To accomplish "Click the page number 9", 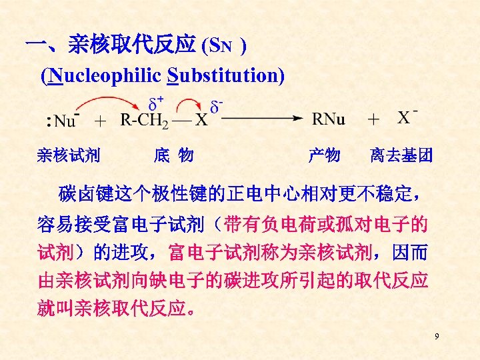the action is coord(437,337).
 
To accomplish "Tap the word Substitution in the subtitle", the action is coord(227,75).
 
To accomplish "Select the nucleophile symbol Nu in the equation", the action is coord(64,121).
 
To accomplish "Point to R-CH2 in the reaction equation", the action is coord(144,121).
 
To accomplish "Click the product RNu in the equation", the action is coord(329,119).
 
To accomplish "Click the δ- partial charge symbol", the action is coord(216,105).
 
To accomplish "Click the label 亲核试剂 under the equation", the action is coord(69,156).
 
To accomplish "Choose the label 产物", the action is coord(324,156).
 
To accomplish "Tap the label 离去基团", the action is coord(401,156).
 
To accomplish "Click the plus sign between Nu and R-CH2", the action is coord(100,121).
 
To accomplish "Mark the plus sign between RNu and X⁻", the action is coord(374,119).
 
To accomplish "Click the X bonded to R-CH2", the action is coord(201,121).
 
